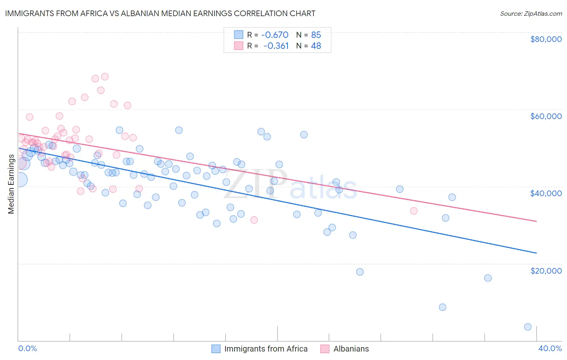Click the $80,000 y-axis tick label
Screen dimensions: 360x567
coord(546,39)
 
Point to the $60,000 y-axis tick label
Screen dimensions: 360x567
coord(546,116)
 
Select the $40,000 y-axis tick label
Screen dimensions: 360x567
coord(546,193)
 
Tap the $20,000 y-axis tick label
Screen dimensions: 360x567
coord(546,270)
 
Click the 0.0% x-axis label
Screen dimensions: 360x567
coord(27,348)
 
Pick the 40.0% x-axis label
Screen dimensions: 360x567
coord(550,348)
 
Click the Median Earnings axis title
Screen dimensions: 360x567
coord(11,184)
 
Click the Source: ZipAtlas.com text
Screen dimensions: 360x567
coord(531,13)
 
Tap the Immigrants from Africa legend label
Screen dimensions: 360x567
coord(266,349)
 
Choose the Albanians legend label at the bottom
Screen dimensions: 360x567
coord(351,349)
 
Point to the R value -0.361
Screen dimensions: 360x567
coord(276,46)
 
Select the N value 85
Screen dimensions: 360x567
coord(316,35)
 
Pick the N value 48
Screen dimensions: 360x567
coord(316,46)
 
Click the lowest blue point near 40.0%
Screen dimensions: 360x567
coord(527,327)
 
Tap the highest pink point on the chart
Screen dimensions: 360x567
coord(105,77)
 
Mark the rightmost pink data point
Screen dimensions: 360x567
coord(413,211)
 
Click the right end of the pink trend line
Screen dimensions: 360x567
coord(536,221)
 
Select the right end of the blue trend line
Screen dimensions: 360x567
coord(536,253)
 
